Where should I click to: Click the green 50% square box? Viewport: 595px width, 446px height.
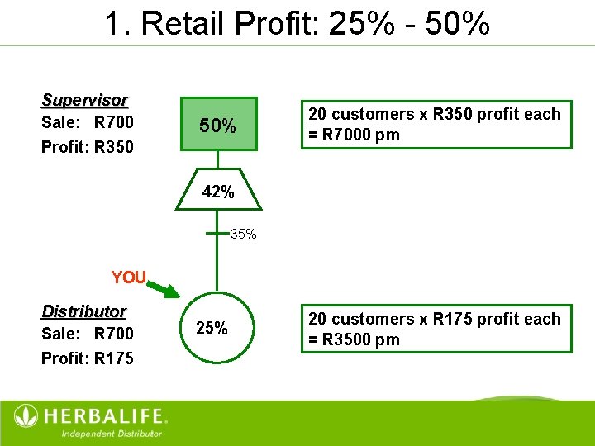click(x=217, y=127)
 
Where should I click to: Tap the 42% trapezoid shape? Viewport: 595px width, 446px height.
click(x=217, y=192)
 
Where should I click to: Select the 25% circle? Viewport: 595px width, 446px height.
click(x=213, y=327)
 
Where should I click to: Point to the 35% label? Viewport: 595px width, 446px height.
click(x=244, y=235)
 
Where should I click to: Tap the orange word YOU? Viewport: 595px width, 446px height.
click(x=128, y=278)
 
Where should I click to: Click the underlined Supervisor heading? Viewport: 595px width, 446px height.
click(x=85, y=101)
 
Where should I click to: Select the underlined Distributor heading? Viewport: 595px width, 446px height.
click(x=83, y=311)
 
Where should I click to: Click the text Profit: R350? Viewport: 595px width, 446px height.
click(x=88, y=148)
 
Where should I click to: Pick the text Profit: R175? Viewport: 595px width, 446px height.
click(x=88, y=358)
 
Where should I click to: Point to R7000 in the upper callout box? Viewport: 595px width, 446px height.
click(x=349, y=135)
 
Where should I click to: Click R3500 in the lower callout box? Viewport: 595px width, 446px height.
click(x=349, y=340)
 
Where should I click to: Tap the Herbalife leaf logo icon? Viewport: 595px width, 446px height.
click(x=26, y=416)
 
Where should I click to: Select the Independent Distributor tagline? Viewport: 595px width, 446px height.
click(x=112, y=433)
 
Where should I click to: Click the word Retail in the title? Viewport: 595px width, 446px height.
click(x=184, y=24)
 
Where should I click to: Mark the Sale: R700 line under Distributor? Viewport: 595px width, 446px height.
click(x=88, y=334)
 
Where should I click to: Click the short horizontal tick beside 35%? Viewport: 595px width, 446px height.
click(x=217, y=234)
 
